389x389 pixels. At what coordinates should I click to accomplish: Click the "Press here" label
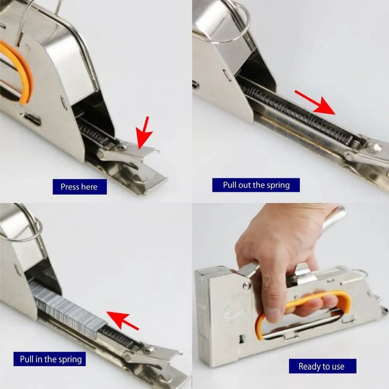(x=80, y=186)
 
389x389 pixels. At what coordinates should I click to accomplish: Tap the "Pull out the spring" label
(x=256, y=185)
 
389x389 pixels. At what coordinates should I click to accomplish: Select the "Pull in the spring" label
(x=49, y=359)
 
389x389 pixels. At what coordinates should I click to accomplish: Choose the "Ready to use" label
(x=323, y=366)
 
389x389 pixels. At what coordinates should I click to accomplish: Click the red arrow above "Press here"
(x=145, y=133)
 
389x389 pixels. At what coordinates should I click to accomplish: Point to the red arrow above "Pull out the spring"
(x=315, y=102)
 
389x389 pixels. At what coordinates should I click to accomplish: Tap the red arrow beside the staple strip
(x=123, y=321)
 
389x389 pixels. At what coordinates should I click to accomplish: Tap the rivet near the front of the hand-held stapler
(x=246, y=285)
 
